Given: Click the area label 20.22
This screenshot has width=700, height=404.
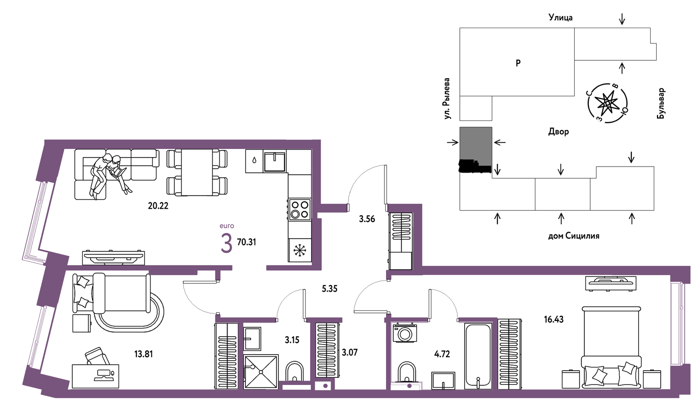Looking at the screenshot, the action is click(158, 206).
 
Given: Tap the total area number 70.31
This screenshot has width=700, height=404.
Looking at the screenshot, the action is click(246, 242).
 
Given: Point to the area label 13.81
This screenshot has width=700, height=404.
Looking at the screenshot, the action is click(143, 354).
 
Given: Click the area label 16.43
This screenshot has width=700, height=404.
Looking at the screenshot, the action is click(554, 319).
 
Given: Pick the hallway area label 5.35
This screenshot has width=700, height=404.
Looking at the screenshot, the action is click(329, 289).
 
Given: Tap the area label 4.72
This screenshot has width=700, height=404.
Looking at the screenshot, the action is click(442, 354).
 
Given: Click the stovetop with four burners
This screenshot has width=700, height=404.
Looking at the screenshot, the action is click(300, 210).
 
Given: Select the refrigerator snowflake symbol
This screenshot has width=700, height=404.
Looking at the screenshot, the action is click(300, 250).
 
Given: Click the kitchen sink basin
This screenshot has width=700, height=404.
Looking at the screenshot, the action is click(275, 161).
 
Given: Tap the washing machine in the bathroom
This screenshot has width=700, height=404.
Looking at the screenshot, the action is click(405, 332).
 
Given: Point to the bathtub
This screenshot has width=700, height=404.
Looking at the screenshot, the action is click(478, 356).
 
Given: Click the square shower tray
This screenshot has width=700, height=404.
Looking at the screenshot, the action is click(261, 372).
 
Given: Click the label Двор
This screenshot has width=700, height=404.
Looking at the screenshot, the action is click(559, 131).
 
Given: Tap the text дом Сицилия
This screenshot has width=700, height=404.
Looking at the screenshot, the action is click(573, 236).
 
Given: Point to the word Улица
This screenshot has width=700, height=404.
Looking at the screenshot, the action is click(560, 18).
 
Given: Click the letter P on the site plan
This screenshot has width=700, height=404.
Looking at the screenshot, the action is click(518, 63).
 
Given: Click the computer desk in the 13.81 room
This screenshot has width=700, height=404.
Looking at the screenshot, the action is click(95, 376).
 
